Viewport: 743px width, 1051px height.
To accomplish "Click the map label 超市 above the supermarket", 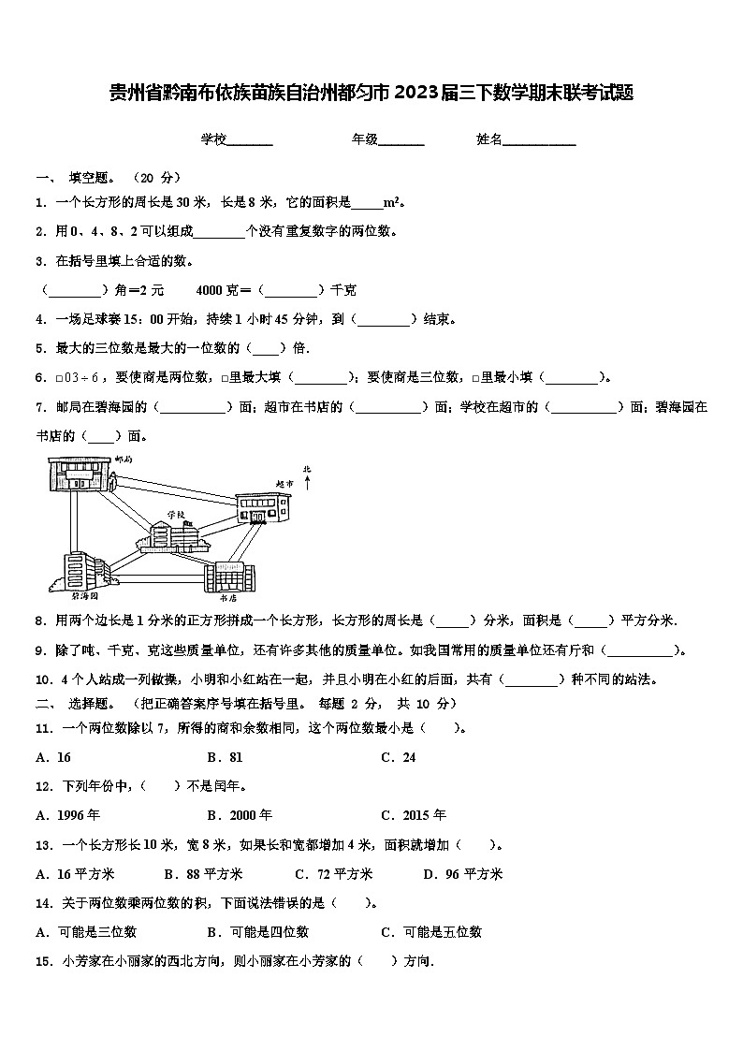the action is pyautogui.click(x=284, y=484).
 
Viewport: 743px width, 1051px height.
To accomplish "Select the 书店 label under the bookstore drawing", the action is pyautogui.click(x=227, y=596).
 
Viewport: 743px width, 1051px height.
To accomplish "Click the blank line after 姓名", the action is pyautogui.click(x=540, y=140).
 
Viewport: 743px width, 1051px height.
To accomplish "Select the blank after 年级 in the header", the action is pyautogui.click(x=401, y=140).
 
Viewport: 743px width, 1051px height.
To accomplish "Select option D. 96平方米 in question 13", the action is pyautogui.click(x=462, y=874).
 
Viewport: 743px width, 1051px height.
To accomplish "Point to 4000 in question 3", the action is pyautogui.click(x=210, y=290).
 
